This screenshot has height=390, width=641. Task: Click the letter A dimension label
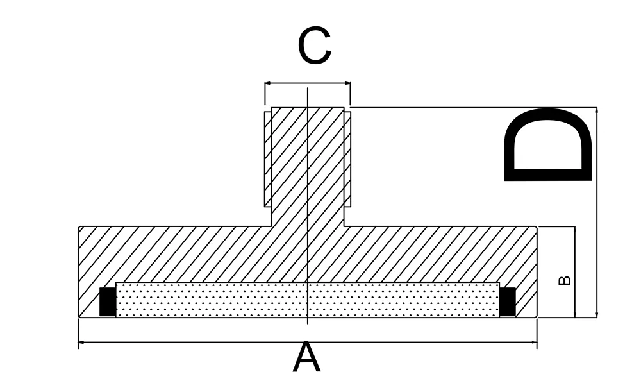tap(306, 359)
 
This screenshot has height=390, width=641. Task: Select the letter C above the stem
tap(314, 46)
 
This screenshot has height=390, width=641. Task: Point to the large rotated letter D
tap(549, 144)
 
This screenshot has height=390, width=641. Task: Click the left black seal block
tap(108, 301)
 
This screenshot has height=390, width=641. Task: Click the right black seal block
tap(508, 301)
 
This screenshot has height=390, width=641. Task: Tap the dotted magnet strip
tap(308, 300)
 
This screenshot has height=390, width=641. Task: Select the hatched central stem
tap(308, 167)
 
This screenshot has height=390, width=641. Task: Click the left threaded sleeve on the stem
tap(268, 159)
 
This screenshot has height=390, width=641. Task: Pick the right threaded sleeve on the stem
tap(347, 159)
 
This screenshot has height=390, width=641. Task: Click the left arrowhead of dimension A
tap(81, 343)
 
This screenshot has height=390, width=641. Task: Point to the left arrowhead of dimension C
tap(268, 83)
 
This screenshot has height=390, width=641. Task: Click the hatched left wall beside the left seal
tap(88, 301)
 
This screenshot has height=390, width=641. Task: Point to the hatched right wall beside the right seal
tap(526, 301)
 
